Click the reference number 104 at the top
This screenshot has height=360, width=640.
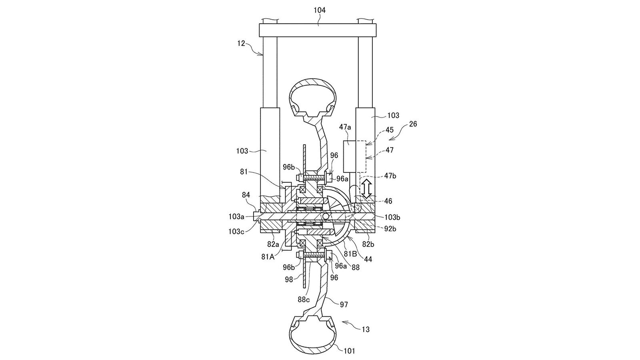click(320, 10)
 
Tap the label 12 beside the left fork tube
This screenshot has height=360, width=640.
click(241, 44)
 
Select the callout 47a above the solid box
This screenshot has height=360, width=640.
click(345, 127)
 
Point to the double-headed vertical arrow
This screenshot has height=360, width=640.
click(366, 188)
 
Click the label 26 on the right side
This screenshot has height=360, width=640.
click(413, 124)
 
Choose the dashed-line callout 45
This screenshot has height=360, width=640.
click(390, 130)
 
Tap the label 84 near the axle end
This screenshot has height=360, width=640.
click(246, 195)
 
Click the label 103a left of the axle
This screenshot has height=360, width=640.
click(236, 216)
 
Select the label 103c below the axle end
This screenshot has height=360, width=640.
click(236, 232)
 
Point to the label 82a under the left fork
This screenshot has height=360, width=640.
click(273, 244)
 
